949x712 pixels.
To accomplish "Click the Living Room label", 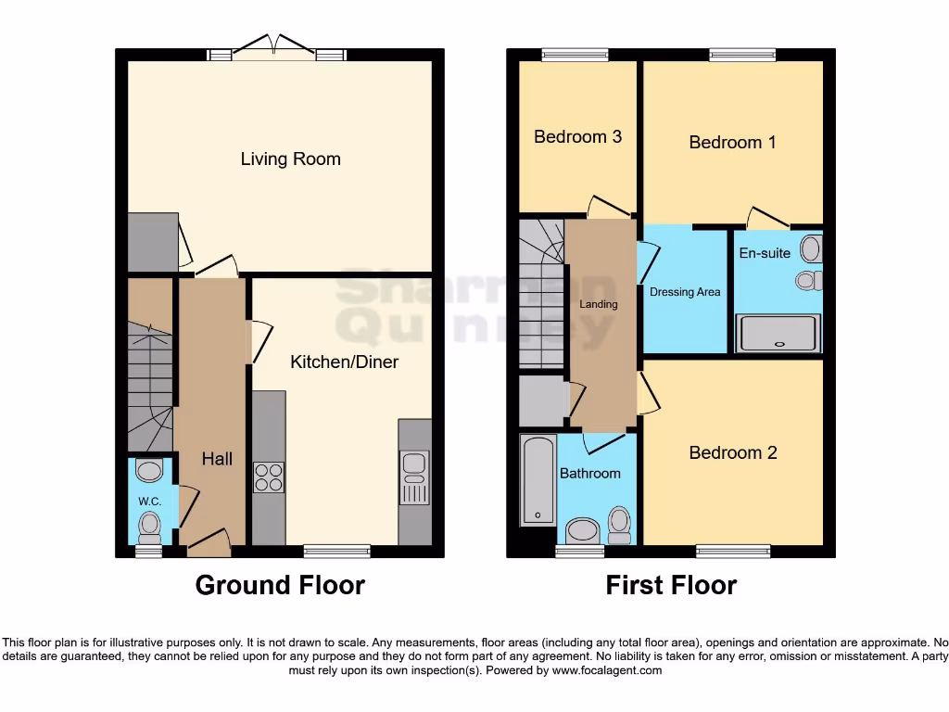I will click(290, 159).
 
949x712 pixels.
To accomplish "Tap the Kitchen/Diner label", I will click(344, 362).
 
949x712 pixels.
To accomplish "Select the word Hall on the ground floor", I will click(217, 459).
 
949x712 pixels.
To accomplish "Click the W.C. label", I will click(149, 502).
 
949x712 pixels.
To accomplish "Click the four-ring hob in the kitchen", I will click(269, 477).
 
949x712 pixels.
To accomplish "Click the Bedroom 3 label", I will click(577, 136).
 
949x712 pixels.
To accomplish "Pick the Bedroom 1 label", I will click(732, 142).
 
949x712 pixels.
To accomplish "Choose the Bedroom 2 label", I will click(732, 452).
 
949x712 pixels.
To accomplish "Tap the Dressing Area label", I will click(685, 292).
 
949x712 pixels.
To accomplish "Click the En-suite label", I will click(764, 252).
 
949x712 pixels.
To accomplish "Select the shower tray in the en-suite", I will click(778, 334).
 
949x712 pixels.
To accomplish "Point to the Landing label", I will click(599, 304).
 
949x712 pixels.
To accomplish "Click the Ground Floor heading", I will click(280, 585).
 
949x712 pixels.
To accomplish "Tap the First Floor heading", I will click(671, 585).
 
